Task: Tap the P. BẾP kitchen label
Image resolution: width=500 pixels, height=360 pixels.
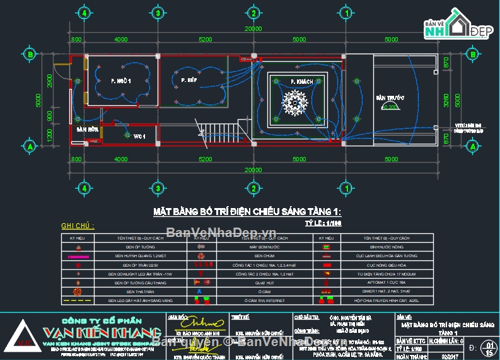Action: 188,81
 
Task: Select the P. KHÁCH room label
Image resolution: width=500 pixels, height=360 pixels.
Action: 302,82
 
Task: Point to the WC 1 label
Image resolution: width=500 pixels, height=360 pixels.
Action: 139,136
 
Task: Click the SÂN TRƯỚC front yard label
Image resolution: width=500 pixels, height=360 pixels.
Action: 390,98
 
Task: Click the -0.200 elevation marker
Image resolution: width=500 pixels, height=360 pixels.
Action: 391,108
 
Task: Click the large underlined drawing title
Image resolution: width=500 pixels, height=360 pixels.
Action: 247,212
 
